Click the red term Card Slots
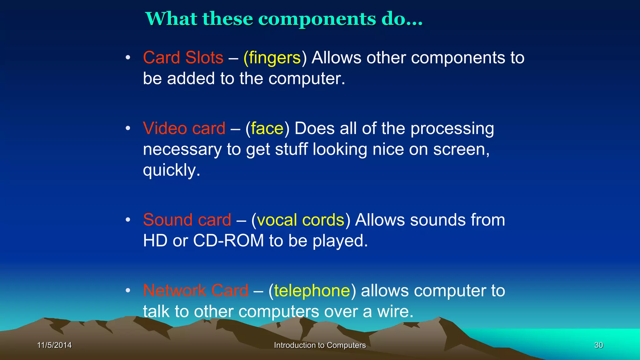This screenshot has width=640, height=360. click(183, 58)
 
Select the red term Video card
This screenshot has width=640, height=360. click(184, 128)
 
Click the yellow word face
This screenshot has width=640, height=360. click(267, 128)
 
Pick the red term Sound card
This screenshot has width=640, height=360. click(187, 220)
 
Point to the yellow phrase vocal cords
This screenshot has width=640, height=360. click(300, 220)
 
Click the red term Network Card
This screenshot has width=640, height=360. click(196, 291)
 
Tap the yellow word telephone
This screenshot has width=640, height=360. click(312, 291)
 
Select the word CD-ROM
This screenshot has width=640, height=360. click(228, 241)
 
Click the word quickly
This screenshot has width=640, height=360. click(171, 171)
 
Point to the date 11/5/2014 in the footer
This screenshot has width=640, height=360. click(54, 345)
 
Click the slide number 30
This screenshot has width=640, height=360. click(598, 345)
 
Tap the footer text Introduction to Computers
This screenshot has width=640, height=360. click(320, 345)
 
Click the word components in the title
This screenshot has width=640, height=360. click(317, 19)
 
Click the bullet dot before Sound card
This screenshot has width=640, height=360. click(127, 220)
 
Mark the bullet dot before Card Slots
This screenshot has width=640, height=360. click(127, 57)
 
